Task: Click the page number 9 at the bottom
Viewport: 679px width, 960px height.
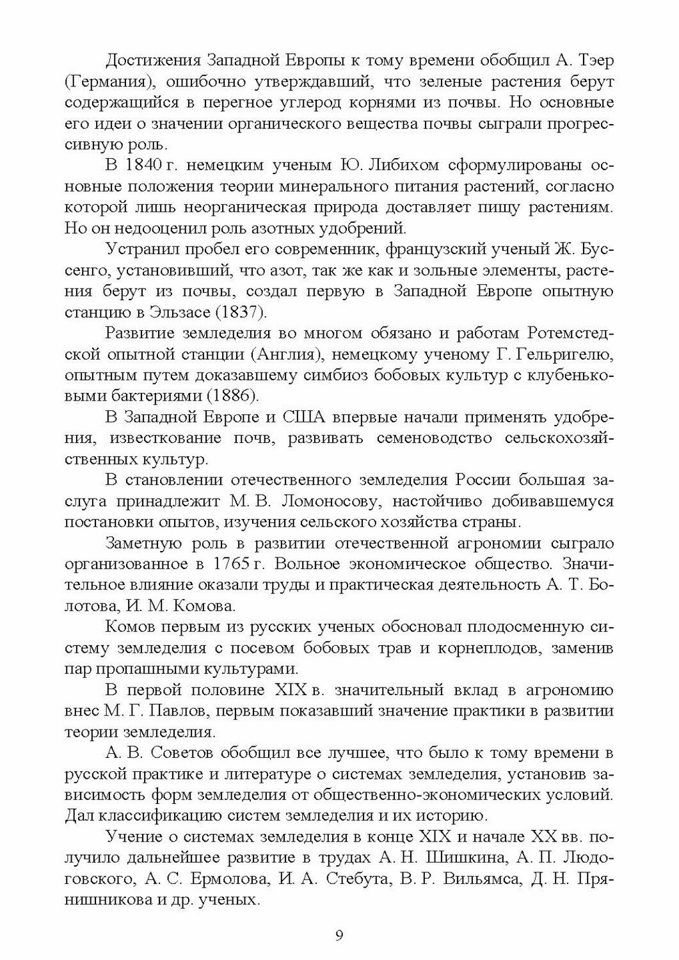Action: point(339,936)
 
